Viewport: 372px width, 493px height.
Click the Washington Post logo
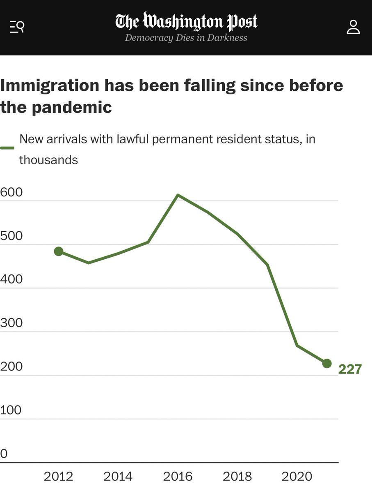[x=186, y=22]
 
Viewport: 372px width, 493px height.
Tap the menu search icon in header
[x=17, y=28]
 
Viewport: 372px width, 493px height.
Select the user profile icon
[x=353, y=28]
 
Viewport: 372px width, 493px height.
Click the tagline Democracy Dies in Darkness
[x=186, y=38]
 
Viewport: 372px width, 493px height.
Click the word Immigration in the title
[x=49, y=86]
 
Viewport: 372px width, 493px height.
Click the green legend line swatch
[x=7, y=147]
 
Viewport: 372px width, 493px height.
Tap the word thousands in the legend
[x=48, y=159]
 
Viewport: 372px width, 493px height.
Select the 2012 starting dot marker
[x=59, y=251]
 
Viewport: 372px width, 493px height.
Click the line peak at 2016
[x=178, y=195]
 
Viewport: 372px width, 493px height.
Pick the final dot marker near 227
[x=327, y=363]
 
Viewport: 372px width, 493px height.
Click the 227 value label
[x=350, y=369]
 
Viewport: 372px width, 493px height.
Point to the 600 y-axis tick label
[x=11, y=192]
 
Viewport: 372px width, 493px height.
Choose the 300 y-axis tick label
[x=11, y=323]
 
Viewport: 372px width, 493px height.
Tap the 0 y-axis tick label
[x=4, y=454]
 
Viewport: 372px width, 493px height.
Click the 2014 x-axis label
[x=118, y=477]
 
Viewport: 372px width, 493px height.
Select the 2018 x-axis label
[x=237, y=477]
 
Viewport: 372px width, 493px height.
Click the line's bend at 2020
[x=297, y=346]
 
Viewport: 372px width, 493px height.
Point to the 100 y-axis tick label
[x=11, y=410]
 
